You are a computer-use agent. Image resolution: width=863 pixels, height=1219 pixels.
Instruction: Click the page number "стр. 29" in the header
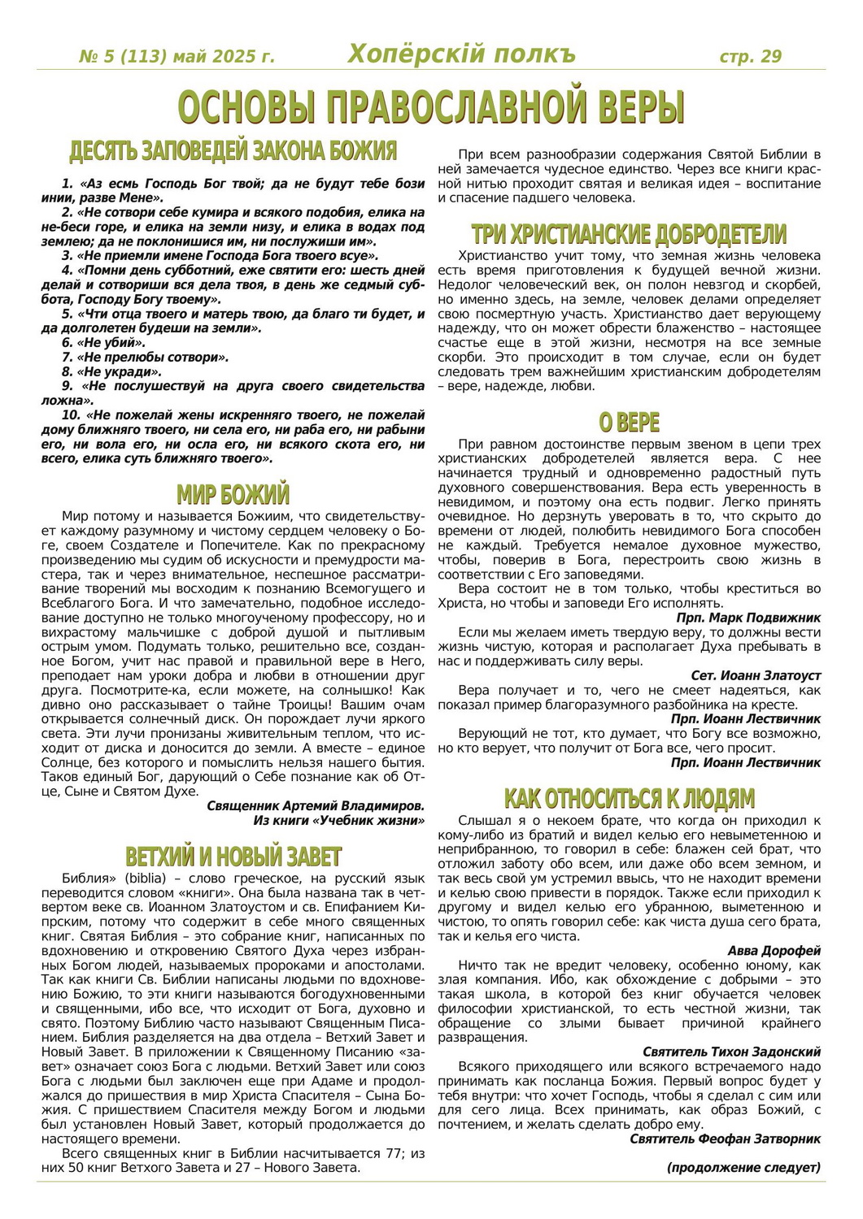click(x=750, y=56)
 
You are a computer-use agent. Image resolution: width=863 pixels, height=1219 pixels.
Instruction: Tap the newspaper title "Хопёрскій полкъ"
click(x=461, y=54)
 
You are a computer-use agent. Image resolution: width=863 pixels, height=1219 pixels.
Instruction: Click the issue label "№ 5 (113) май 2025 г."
click(x=177, y=57)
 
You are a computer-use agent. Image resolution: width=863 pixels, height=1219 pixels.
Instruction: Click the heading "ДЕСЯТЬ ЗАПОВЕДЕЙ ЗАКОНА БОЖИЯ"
click(x=233, y=151)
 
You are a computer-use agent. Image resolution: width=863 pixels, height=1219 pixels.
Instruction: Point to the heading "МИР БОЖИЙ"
click(x=233, y=495)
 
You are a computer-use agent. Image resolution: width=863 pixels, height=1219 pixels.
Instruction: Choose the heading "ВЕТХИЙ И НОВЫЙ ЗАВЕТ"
click(x=233, y=857)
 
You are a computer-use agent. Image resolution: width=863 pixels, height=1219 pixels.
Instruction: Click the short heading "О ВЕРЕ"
click(x=629, y=423)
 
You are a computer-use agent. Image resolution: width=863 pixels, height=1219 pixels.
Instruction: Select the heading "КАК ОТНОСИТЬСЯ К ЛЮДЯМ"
click(x=629, y=798)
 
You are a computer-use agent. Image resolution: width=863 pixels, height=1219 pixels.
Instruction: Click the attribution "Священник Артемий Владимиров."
click(x=316, y=806)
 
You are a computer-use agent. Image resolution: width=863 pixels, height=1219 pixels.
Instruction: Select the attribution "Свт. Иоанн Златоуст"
click(x=756, y=675)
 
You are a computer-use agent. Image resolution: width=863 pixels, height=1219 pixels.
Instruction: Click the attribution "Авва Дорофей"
click(x=774, y=951)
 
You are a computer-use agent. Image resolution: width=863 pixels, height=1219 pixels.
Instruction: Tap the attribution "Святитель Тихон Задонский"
click(x=731, y=1052)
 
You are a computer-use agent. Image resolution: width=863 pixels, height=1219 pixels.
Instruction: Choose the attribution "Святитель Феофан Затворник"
click(x=725, y=1139)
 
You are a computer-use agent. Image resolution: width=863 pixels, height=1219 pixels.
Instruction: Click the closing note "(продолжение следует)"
click(x=743, y=1168)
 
